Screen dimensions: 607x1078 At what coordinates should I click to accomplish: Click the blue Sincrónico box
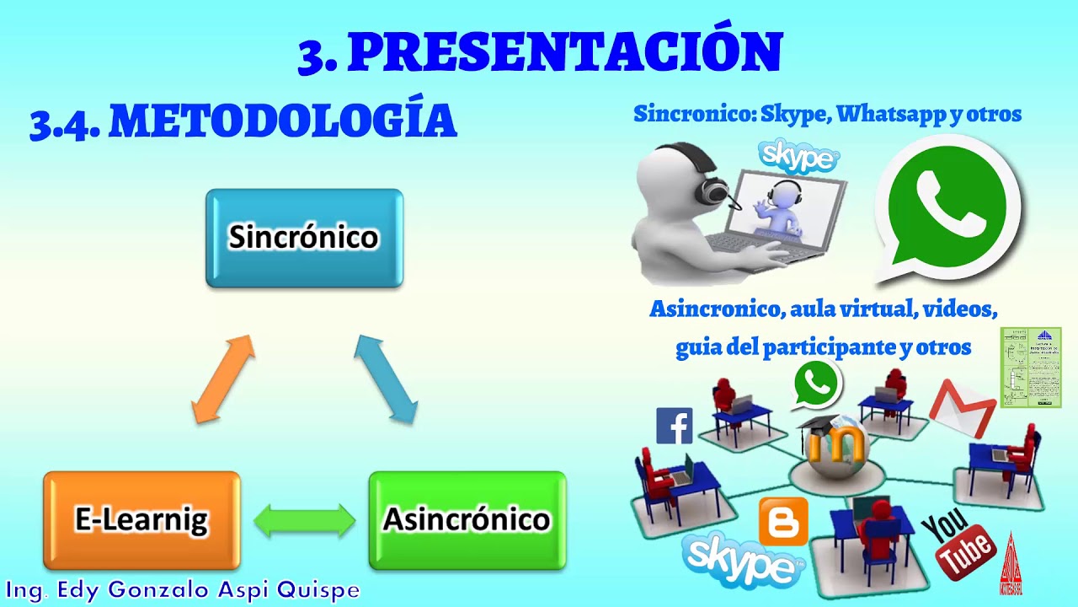[304, 239]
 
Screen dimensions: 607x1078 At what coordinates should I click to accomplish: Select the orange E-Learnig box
[141, 520]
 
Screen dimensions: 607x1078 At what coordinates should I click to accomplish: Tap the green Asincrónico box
[467, 520]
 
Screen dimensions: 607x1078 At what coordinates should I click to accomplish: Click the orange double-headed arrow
[222, 379]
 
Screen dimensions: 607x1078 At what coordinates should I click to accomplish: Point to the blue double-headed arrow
[386, 378]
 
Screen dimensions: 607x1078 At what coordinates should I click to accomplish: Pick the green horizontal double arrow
[304, 521]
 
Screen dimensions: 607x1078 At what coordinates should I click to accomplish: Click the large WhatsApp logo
[947, 207]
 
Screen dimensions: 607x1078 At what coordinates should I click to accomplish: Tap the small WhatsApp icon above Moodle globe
[816, 384]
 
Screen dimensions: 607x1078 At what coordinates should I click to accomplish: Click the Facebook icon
[674, 426]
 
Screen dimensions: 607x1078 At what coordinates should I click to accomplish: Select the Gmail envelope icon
[963, 406]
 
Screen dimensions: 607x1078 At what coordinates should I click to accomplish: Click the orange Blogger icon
[783, 522]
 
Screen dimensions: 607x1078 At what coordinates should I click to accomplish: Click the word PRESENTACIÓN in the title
[564, 53]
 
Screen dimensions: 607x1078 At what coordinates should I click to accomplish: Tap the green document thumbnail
[1030, 368]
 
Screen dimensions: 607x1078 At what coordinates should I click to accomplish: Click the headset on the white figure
[711, 185]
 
